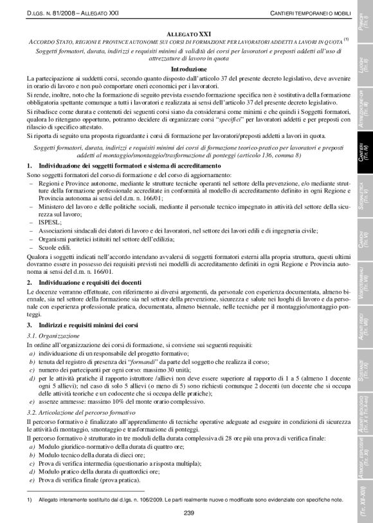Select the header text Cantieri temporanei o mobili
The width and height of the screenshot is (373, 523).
pos(309,14)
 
